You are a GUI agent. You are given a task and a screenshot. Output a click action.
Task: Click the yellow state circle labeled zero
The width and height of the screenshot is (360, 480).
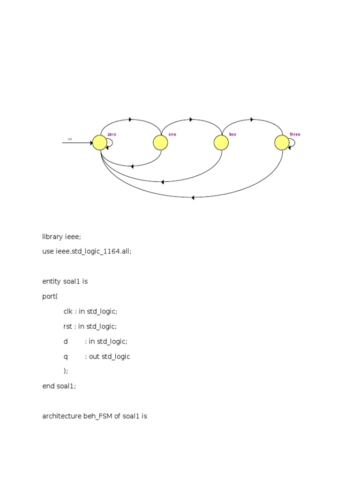[99, 142]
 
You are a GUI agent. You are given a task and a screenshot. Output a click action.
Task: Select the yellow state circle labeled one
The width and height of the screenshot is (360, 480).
[160, 142]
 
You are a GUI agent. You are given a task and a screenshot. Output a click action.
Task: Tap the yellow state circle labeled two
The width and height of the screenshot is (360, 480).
[221, 142]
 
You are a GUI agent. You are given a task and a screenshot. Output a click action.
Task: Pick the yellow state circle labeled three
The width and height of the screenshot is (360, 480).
[282, 142]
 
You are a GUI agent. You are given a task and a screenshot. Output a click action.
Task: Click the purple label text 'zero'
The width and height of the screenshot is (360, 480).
[112, 135]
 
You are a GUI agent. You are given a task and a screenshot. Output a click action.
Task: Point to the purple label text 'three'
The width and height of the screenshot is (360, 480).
[295, 135]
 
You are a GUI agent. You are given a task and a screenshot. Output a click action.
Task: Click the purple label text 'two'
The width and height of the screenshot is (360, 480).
[232, 135]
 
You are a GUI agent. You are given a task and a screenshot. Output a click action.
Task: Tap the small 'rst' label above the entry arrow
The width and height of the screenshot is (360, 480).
[70, 139]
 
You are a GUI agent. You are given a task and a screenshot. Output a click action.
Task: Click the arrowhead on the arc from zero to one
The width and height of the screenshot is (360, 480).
[130, 120]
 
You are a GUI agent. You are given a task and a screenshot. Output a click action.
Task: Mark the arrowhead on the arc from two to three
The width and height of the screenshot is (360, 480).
[252, 120]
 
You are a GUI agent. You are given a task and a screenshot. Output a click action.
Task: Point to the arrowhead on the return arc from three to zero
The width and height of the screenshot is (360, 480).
[192, 197]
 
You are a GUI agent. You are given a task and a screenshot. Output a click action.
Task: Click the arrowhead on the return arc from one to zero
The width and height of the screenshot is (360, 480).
[132, 166]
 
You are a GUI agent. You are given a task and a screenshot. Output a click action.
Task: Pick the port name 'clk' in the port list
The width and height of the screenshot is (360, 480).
[69, 311]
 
